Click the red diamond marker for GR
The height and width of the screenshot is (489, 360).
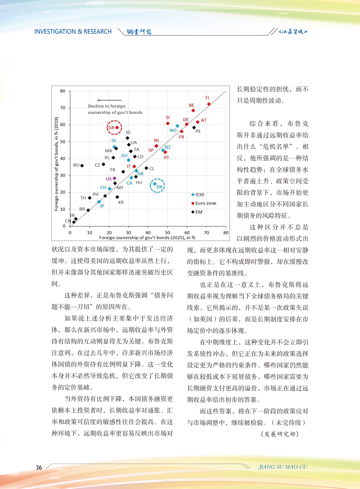117,128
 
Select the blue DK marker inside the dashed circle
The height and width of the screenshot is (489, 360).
155,184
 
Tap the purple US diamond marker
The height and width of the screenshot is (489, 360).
114,178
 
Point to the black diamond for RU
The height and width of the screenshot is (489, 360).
82,166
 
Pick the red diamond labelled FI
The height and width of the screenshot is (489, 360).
209,104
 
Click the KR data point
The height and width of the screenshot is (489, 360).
117,197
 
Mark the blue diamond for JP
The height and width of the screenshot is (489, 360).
99,202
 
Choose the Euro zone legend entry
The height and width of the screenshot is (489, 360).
204,203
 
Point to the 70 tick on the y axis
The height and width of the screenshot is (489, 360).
63,108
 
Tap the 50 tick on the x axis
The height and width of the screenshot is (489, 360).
167,233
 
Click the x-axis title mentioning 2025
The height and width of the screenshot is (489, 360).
147,238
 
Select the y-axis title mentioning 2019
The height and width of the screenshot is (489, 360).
57,164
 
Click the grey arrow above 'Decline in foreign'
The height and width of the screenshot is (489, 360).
109,100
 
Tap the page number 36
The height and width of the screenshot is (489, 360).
39,467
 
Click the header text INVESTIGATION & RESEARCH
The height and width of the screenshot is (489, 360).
73,32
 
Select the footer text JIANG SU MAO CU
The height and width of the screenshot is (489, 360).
283,467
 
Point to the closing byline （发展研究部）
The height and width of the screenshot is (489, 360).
280,434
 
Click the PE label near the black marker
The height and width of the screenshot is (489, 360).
198,132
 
